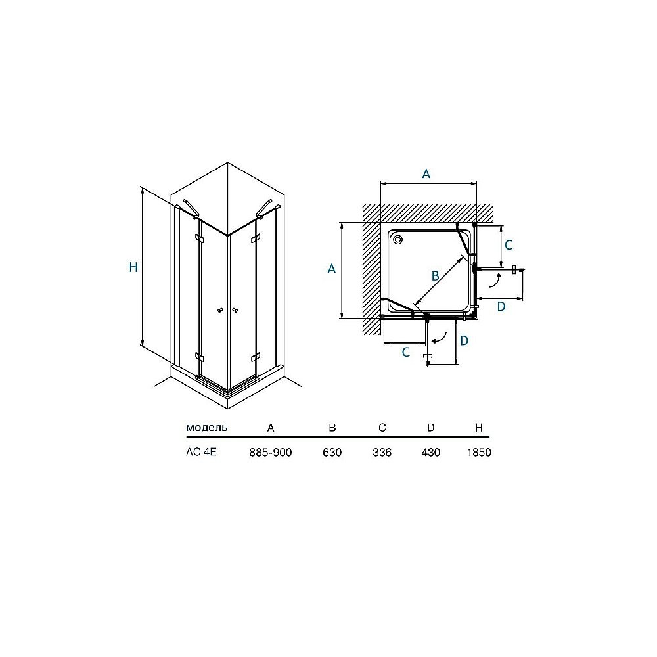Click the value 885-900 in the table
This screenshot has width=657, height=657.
[x=270, y=453]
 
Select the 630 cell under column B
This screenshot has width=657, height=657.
[x=332, y=453]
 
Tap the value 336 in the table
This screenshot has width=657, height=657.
[x=382, y=453]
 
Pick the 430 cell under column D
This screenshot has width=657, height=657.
[x=431, y=453]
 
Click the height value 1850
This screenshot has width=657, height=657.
[x=479, y=453]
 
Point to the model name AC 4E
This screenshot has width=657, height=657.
[x=201, y=452]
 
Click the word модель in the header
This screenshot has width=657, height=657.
[x=206, y=428]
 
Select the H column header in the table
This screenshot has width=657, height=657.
[x=479, y=428]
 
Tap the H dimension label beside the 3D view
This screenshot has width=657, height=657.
[x=133, y=267]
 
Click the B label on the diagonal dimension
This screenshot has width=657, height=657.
[x=436, y=276]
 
